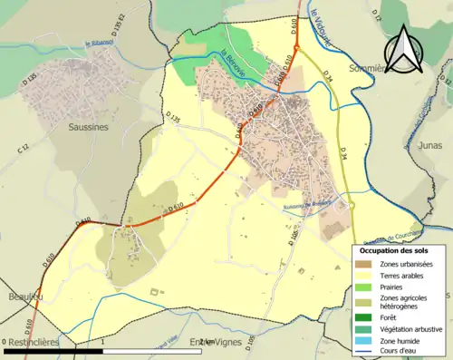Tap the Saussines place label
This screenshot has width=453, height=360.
[x=89, y=128]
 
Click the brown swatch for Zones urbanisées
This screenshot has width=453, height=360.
[x=362, y=263]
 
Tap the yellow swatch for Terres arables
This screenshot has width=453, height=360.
[x=362, y=275]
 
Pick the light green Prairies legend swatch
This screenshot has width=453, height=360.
[x=362, y=287]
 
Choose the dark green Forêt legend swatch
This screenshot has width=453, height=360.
[x=362, y=316]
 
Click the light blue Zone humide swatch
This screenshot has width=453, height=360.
[x=362, y=339]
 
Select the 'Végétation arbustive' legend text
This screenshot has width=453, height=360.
[x=408, y=327]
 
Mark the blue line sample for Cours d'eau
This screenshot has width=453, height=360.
[x=362, y=351]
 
